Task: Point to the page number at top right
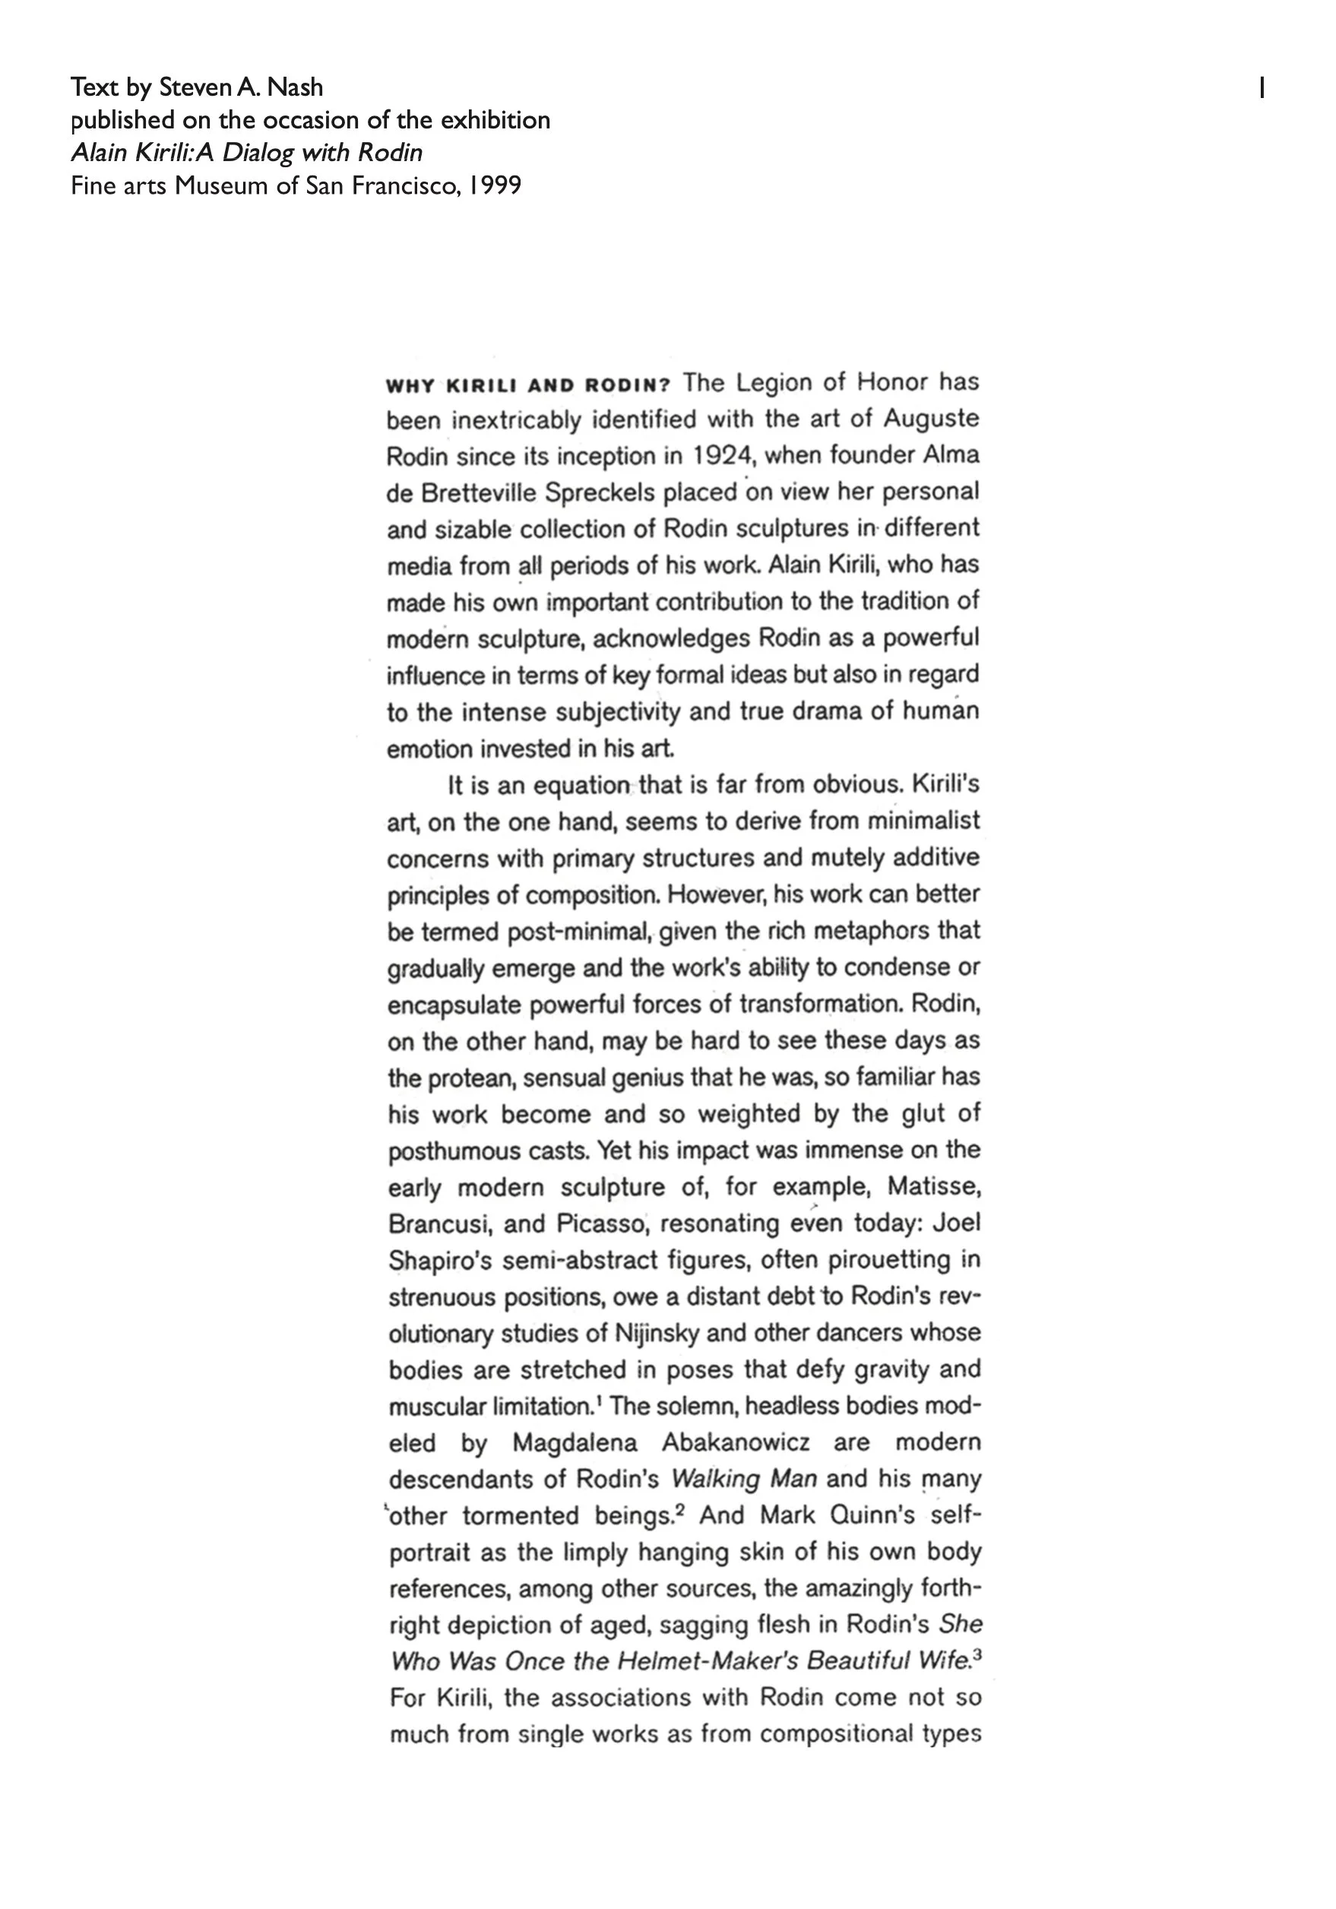1262,87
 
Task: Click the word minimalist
923,822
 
